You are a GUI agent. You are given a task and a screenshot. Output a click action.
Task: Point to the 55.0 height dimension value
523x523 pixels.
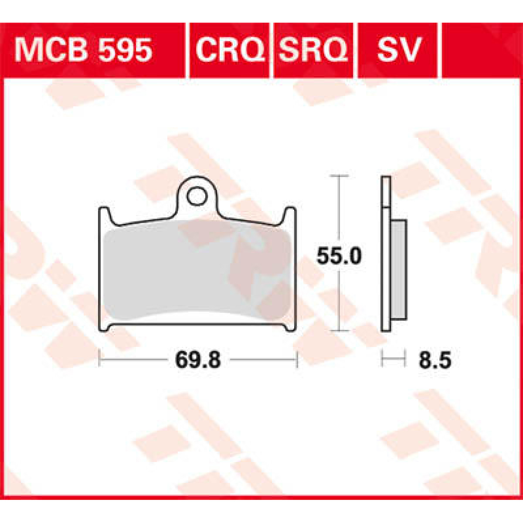[x=339, y=256]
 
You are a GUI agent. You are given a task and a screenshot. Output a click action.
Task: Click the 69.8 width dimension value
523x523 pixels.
[x=198, y=360]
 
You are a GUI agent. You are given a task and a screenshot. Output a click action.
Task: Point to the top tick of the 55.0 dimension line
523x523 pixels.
[x=339, y=176]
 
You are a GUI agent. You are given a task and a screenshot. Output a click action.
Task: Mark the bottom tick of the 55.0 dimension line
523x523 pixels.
[x=339, y=331]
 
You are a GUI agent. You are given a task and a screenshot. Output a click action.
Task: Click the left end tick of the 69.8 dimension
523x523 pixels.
[x=100, y=360]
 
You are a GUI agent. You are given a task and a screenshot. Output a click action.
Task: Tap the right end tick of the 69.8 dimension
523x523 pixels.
[x=297, y=360]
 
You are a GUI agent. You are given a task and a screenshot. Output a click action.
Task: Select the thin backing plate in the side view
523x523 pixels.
[x=385, y=261]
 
